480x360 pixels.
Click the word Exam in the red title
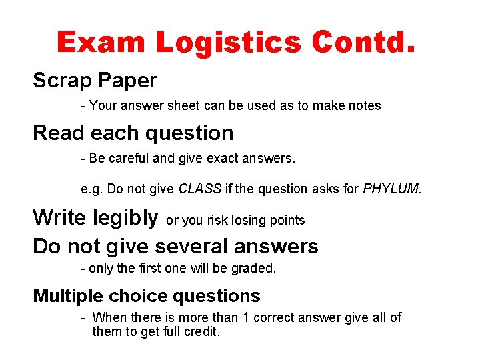101,43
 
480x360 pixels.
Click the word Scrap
62,81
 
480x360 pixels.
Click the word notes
363,105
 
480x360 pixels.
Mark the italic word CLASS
200,189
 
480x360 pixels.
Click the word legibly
126,217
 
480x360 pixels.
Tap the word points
287,220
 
